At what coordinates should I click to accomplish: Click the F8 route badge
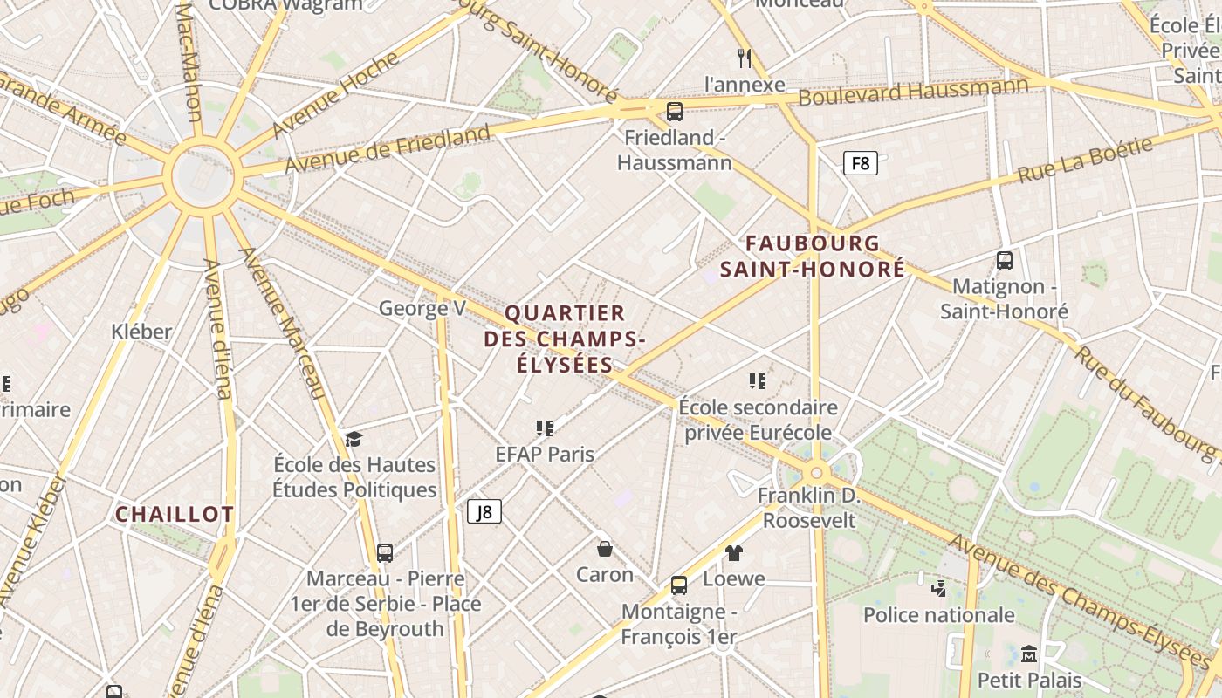click(860, 163)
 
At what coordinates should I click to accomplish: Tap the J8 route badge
click(484, 511)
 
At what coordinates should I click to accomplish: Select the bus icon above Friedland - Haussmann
click(674, 112)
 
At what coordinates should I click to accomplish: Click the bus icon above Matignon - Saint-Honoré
click(1005, 260)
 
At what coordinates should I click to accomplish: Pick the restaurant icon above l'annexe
click(744, 58)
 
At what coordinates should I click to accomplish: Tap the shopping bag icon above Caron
click(604, 549)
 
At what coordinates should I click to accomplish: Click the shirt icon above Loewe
click(733, 552)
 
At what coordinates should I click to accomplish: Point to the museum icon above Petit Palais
click(1029, 654)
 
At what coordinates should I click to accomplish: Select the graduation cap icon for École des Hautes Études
click(354, 438)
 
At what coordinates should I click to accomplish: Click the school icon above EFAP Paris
click(545, 428)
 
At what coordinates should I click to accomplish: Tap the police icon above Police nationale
click(938, 588)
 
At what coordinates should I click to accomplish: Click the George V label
click(422, 308)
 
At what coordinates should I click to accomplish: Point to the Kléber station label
click(141, 332)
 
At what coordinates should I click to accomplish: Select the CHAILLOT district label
click(175, 514)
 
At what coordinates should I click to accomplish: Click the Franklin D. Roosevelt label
click(809, 509)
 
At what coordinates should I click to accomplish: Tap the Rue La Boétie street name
click(1085, 160)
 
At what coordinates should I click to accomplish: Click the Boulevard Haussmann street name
click(913, 91)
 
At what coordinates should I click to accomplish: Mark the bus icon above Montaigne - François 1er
click(678, 585)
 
